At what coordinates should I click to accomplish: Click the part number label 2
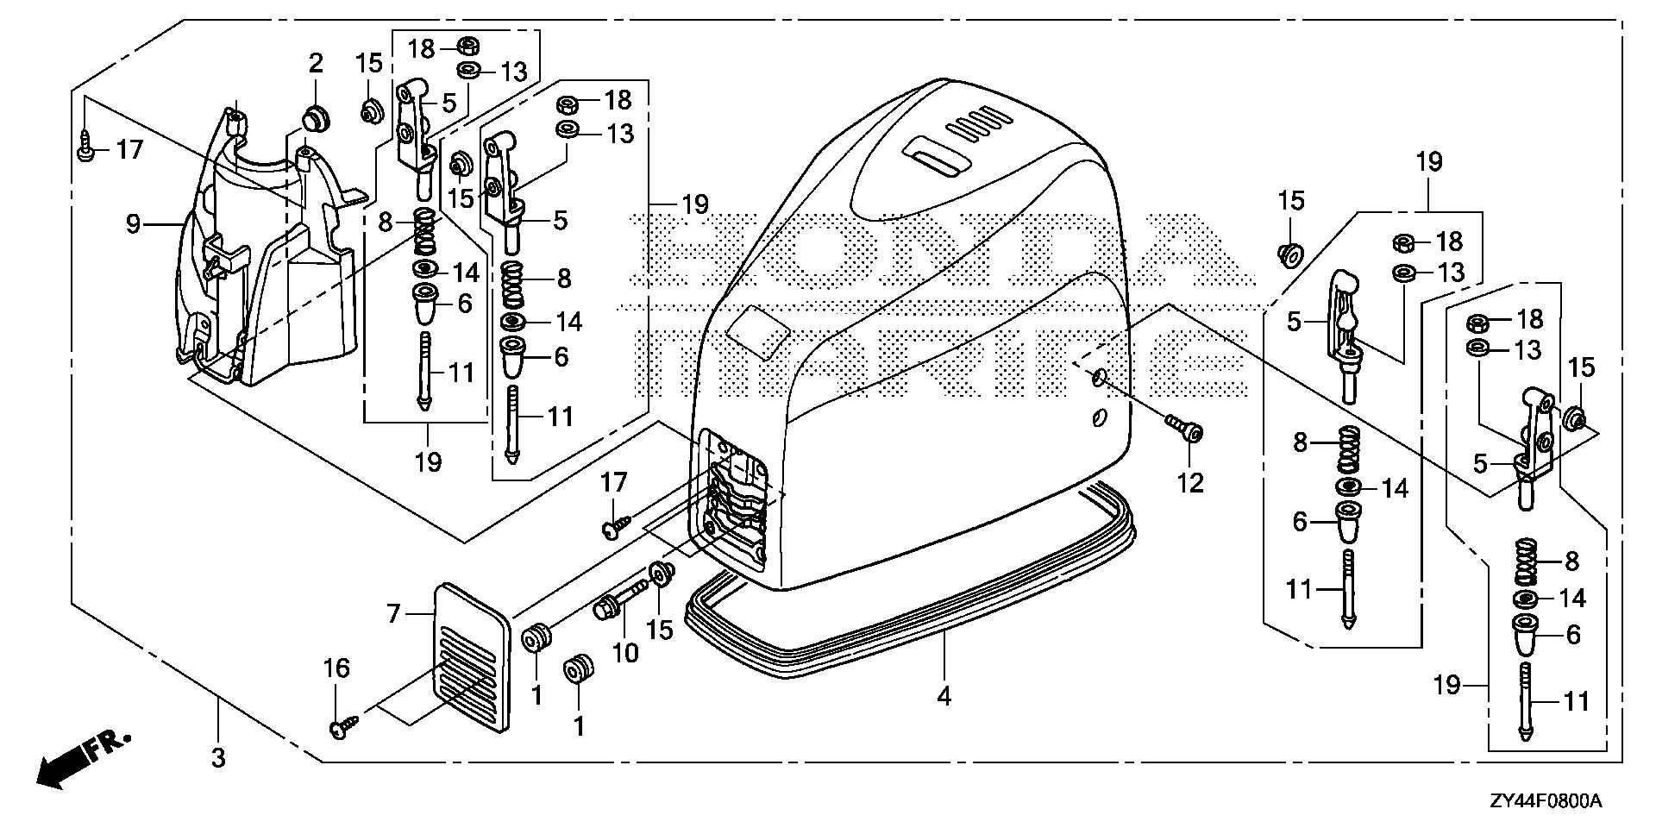pyautogui.click(x=316, y=63)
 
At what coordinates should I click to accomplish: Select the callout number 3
pyautogui.click(x=218, y=758)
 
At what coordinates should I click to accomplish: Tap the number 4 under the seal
pyautogui.click(x=944, y=695)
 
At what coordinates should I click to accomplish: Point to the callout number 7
pyautogui.click(x=394, y=614)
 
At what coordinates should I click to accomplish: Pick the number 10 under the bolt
pyautogui.click(x=625, y=653)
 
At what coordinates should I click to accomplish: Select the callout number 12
pyautogui.click(x=1190, y=483)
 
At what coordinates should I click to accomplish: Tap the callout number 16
pyautogui.click(x=336, y=669)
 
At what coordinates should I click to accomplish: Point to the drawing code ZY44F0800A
pyautogui.click(x=1545, y=802)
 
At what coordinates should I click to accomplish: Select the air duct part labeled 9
pyautogui.click(x=259, y=259)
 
